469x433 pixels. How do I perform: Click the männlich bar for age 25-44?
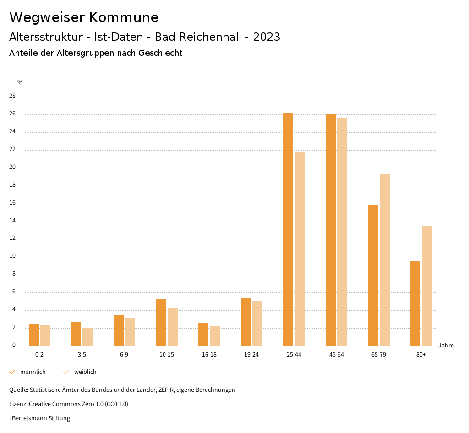pyautogui.click(x=288, y=229)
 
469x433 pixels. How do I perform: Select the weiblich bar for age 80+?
pyautogui.click(x=427, y=286)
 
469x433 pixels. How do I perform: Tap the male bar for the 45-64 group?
pyautogui.click(x=331, y=229)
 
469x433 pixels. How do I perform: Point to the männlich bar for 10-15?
pyautogui.click(x=161, y=323)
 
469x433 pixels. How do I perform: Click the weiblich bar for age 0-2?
pyautogui.click(x=45, y=336)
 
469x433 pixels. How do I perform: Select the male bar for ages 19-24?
pyautogui.click(x=246, y=322)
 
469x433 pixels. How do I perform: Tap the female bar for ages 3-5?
pyautogui.click(x=87, y=337)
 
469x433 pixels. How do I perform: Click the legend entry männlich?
pyautogui.click(x=33, y=372)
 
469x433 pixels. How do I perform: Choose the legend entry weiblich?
pyautogui.click(x=85, y=372)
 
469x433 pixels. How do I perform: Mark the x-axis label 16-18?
pyautogui.click(x=209, y=355)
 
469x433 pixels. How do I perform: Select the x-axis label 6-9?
pyautogui.click(x=124, y=355)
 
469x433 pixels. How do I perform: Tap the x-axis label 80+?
pyautogui.click(x=421, y=355)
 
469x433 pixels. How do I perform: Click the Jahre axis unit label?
pyautogui.click(x=446, y=346)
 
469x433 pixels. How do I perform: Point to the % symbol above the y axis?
pyautogui.click(x=20, y=82)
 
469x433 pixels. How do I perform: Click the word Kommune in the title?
pyautogui.click(x=124, y=17)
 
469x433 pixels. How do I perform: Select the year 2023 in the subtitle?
pyautogui.click(x=267, y=37)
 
